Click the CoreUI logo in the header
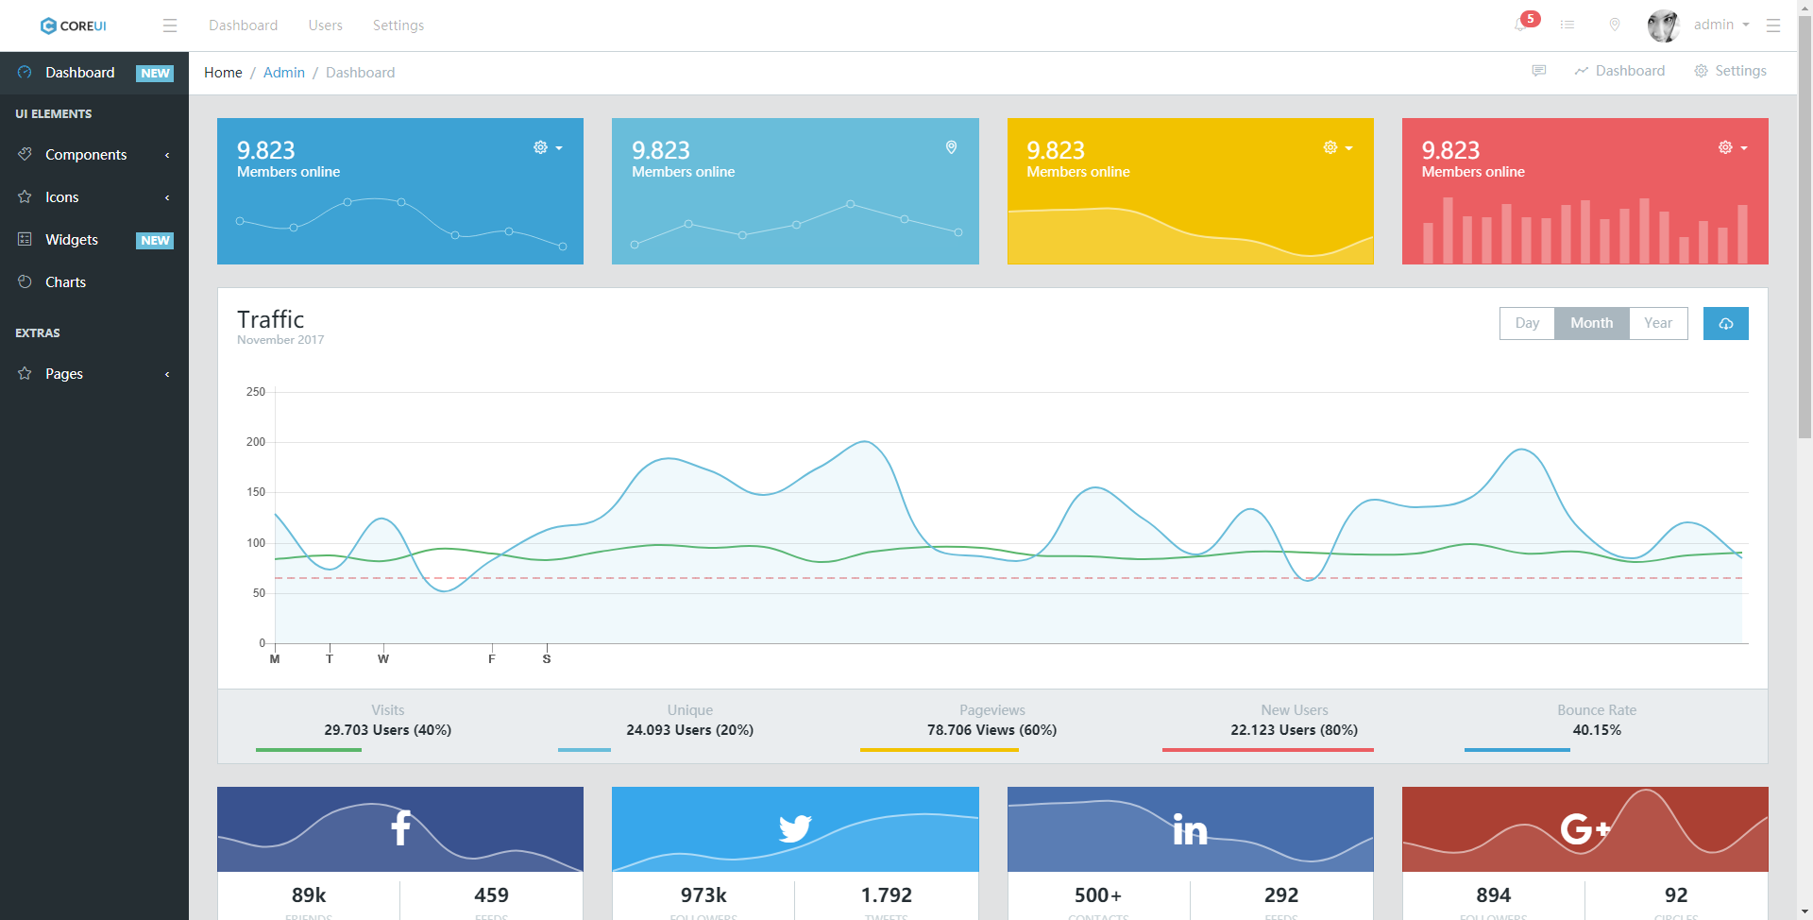coord(74,26)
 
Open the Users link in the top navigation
coord(325,26)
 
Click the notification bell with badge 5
coord(1520,25)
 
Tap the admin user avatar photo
coord(1663,26)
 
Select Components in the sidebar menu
coord(86,155)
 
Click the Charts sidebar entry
coord(65,282)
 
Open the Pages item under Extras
coord(64,374)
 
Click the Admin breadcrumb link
coord(283,73)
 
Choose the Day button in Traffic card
coord(1527,323)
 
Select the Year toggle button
coord(1657,323)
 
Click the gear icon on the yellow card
coord(1330,147)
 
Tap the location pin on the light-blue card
coord(951,147)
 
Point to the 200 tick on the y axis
coord(256,442)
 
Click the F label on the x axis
coord(492,659)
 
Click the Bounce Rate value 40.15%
coord(1597,730)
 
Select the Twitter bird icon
coord(795,828)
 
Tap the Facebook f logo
coord(400,827)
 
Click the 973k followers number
coord(703,895)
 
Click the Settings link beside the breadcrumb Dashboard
coord(1731,71)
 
